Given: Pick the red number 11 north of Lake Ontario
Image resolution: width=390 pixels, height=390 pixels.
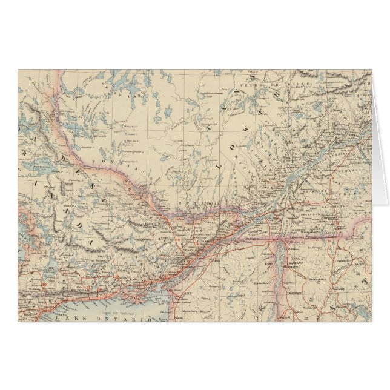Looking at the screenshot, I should point(88,286).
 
